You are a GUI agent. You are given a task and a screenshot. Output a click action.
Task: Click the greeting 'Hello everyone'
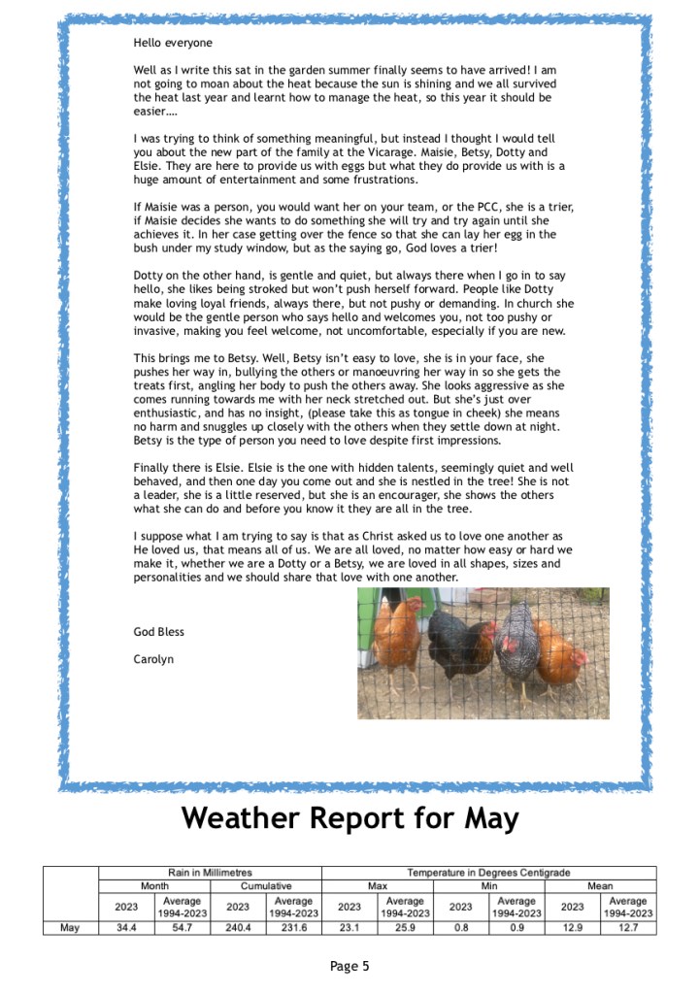click(173, 43)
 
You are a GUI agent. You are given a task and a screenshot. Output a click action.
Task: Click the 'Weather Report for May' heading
click(349, 817)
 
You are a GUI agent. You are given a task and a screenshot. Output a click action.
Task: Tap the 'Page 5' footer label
click(349, 966)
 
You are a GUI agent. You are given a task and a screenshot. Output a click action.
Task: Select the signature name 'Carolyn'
click(153, 659)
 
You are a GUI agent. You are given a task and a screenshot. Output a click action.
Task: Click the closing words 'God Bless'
click(158, 632)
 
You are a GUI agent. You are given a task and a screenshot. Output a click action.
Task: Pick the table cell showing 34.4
click(126, 928)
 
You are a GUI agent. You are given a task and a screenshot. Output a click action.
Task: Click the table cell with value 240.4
click(238, 928)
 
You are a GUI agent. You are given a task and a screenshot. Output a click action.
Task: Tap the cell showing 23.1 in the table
click(349, 928)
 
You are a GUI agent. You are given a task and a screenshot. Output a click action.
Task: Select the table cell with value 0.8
click(461, 928)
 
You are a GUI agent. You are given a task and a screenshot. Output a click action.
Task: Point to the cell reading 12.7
click(628, 928)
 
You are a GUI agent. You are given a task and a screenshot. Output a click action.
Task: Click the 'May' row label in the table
click(70, 928)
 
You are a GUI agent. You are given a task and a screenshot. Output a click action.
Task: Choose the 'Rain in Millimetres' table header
click(210, 873)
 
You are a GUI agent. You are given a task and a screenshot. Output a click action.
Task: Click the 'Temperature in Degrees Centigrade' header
click(488, 873)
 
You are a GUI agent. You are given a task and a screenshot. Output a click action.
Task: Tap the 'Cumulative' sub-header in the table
click(266, 886)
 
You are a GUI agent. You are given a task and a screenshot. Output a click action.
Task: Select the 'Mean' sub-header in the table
click(600, 886)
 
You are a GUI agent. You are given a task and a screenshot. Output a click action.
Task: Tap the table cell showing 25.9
click(405, 928)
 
